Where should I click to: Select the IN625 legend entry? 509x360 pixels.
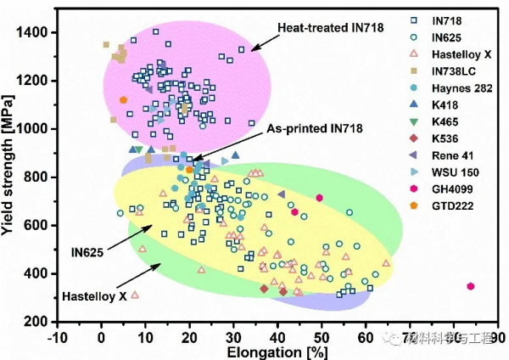point(445,37)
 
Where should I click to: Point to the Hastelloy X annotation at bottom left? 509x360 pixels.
point(94,297)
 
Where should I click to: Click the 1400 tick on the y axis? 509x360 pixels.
point(33,32)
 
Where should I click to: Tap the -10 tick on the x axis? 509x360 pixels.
point(58,336)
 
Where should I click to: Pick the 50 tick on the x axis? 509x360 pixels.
point(321,336)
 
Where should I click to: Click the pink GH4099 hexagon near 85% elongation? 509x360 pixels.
point(471,286)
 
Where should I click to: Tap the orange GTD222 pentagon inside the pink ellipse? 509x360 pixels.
point(124,99)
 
